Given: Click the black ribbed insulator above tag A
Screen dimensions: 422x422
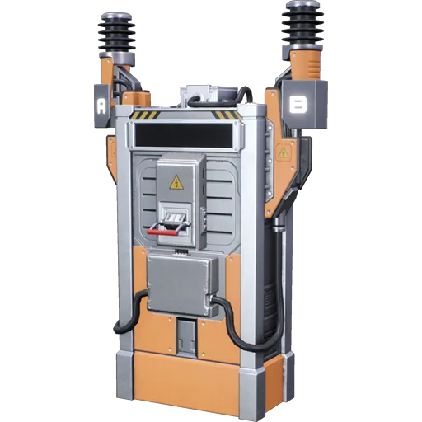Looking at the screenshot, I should pyautogui.click(x=115, y=34).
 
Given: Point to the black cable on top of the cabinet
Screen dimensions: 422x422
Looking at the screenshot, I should pyautogui.click(x=213, y=100).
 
